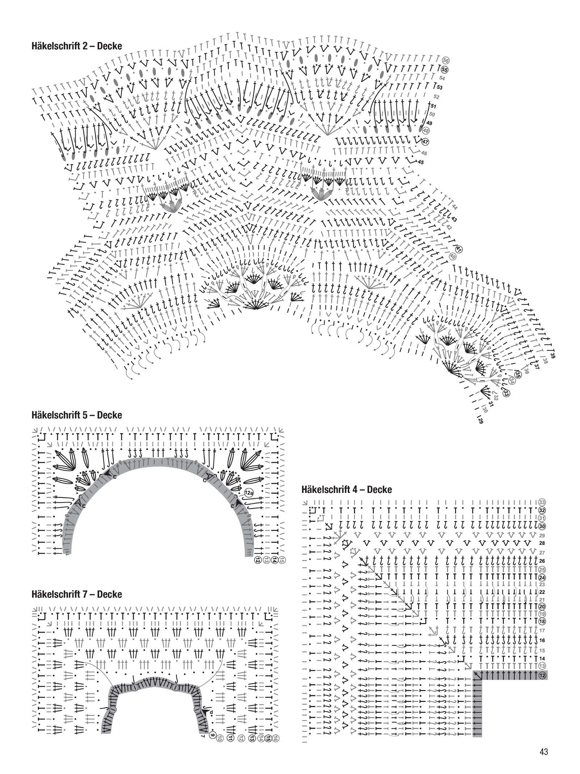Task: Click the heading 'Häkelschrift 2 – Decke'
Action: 76,46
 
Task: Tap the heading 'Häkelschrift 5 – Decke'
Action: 76,415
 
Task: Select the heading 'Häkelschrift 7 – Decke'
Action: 76,594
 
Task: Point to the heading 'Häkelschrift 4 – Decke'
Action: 346,490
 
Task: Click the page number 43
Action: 543,752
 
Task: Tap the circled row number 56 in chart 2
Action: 446,61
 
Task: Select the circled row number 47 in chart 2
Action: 425,141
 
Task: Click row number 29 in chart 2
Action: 481,421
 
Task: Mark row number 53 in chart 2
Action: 439,87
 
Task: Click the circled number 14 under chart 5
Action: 274,559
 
